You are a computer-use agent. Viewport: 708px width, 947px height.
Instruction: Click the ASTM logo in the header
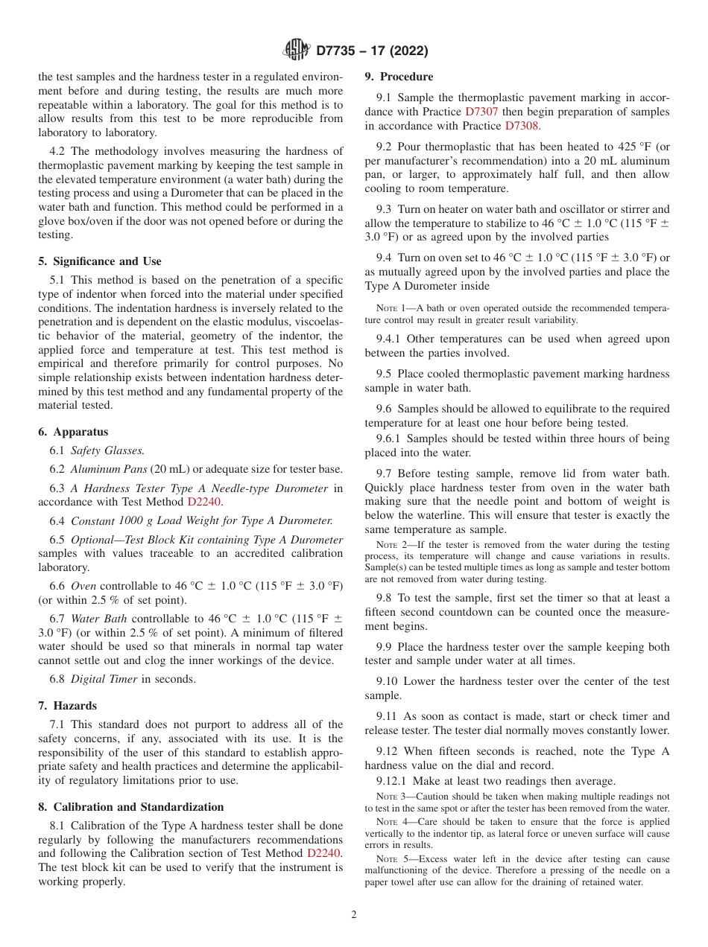(297, 51)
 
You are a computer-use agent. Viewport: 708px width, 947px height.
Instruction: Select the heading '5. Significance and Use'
(99, 261)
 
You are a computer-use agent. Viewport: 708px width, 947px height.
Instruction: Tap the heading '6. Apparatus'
(73, 432)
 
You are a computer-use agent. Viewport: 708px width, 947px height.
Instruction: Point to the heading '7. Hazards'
(67, 706)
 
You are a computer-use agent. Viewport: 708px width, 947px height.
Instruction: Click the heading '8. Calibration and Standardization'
(130, 807)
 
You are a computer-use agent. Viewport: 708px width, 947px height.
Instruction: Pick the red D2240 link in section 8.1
(325, 853)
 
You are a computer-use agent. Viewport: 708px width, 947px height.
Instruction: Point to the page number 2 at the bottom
(354, 915)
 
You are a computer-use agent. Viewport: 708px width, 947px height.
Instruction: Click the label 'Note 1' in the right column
(391, 308)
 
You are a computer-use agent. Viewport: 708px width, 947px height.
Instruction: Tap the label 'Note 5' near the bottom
(391, 859)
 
